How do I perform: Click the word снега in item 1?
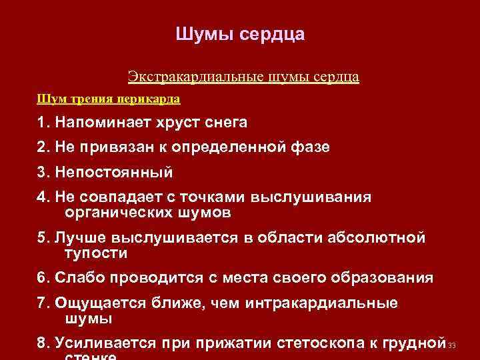tap(227, 123)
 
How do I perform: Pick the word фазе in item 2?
tap(307, 147)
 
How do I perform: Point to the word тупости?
tap(95, 254)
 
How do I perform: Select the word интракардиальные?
tap(322, 303)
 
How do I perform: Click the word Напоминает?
tap(99, 123)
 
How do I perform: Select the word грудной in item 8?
tap(413, 343)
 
